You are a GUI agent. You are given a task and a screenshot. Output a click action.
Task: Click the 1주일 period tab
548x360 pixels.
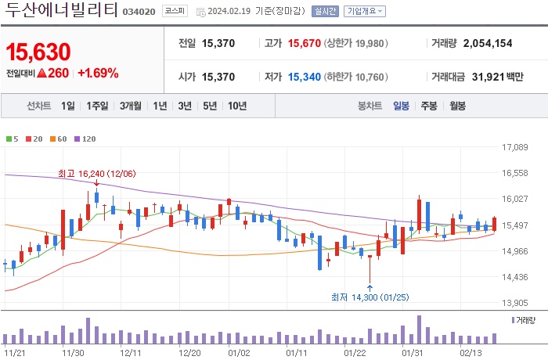99,106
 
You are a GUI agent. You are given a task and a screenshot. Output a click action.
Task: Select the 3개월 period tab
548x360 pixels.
131,106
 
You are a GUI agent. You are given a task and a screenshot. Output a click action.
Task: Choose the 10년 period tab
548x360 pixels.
236,106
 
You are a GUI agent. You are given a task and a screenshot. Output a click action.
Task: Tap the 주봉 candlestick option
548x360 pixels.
428,106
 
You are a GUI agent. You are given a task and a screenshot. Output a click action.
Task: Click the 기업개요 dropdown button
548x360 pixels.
365,12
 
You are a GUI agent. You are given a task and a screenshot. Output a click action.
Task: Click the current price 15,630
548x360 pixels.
38,52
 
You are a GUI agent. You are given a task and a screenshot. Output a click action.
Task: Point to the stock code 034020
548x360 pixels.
140,13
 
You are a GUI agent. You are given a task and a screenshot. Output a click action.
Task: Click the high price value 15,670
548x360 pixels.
304,43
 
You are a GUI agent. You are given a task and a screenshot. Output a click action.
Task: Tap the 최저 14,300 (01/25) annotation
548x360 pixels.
370,297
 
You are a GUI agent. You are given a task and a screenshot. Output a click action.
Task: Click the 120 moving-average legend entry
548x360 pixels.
88,139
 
